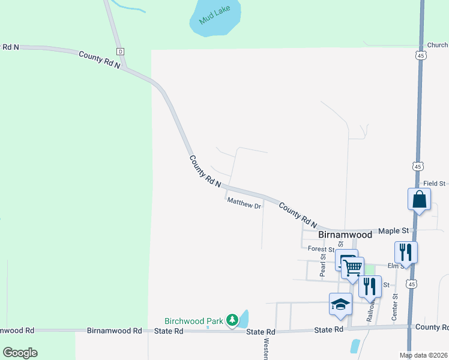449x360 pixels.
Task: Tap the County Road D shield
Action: click(120, 52)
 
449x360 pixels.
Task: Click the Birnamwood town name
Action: click(345, 235)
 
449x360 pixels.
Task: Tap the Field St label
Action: click(434, 184)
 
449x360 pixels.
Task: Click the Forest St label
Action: click(321, 249)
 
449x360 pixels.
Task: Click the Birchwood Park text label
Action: click(194, 321)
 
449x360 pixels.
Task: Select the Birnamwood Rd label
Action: click(114, 331)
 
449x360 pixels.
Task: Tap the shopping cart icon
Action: click(353, 267)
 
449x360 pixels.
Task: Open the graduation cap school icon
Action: click(340, 303)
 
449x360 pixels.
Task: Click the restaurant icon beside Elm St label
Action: click(406, 251)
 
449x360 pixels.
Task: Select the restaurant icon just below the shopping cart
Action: click(370, 286)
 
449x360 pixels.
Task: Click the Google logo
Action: click(20, 353)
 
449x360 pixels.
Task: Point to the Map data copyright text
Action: click(423, 355)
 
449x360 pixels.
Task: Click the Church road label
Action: click(437, 45)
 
